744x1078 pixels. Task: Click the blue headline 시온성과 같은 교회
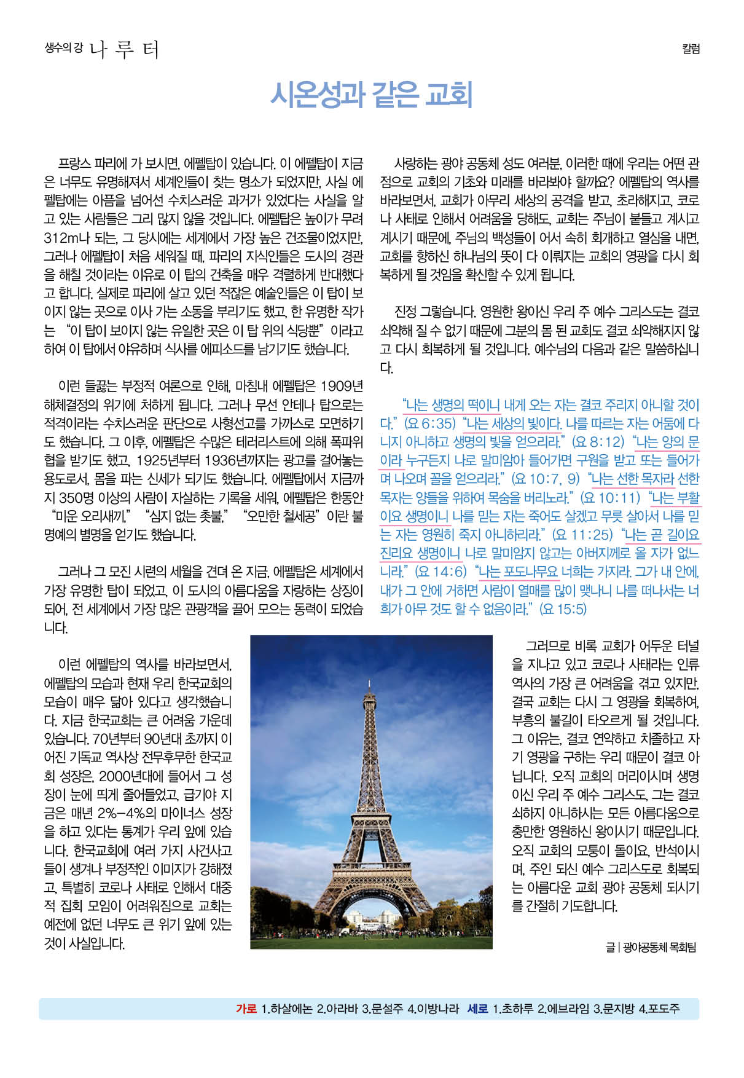tap(371, 95)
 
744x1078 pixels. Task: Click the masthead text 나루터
tap(124, 49)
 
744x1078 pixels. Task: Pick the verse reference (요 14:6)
tap(441, 572)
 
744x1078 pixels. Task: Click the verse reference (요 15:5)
tap(562, 610)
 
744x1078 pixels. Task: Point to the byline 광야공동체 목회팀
tap(659, 947)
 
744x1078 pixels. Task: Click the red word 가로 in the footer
tap(246, 1009)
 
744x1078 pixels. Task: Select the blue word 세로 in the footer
tap(477, 1009)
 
